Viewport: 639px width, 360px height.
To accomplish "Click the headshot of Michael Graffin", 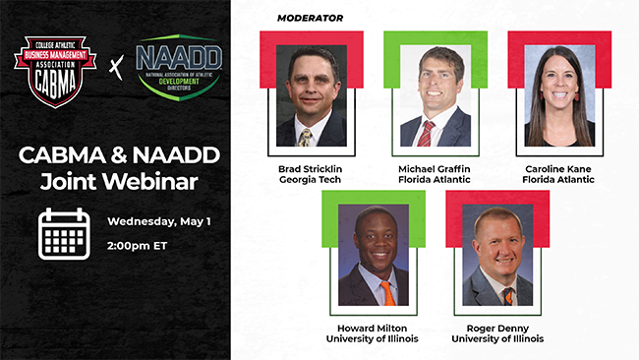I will [435, 96].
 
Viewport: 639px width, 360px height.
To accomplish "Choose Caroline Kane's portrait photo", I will [559, 96].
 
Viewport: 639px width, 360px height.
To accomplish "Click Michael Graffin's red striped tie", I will [426, 133].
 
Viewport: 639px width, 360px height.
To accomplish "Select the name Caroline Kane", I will [559, 168].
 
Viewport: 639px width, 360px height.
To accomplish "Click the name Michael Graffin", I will [435, 168].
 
